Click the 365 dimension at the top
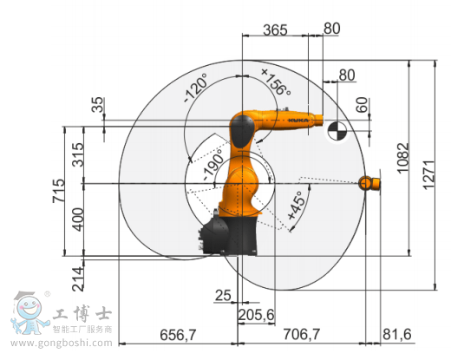275,29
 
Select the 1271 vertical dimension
428,174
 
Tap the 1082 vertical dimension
403,158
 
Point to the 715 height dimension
58,191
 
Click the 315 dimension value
78,154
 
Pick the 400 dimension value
78,219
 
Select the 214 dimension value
78,279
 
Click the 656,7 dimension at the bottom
178,335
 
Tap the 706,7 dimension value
302,334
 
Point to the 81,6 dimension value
397,334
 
